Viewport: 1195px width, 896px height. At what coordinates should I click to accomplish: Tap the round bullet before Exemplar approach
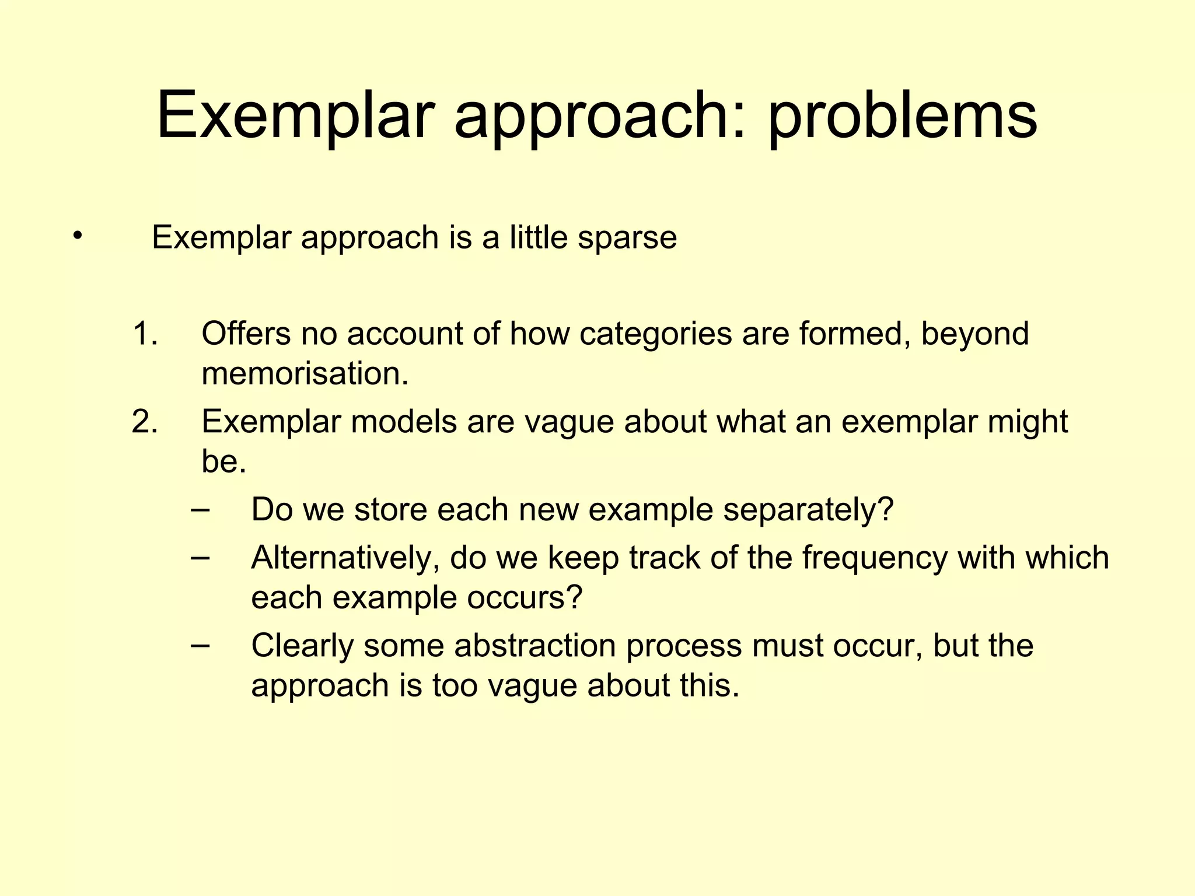click(x=78, y=236)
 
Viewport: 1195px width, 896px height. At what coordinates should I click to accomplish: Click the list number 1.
click(x=144, y=334)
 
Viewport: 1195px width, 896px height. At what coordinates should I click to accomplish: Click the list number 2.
click(x=144, y=422)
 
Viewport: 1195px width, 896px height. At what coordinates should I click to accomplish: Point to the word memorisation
click(x=303, y=374)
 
